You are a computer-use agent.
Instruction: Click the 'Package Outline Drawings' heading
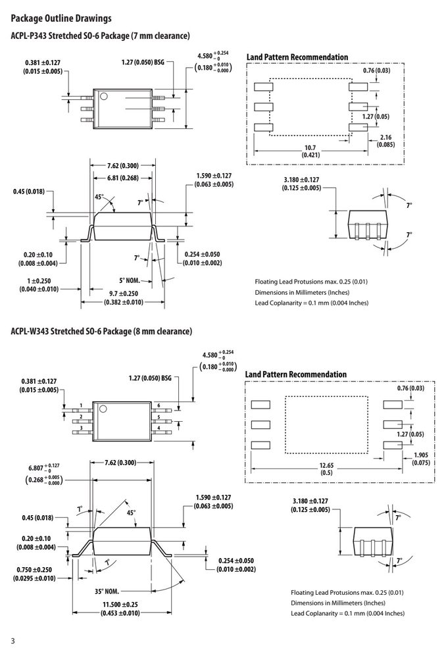(x=61, y=18)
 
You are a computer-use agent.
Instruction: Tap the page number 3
(x=12, y=641)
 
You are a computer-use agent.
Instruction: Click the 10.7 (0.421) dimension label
(x=310, y=151)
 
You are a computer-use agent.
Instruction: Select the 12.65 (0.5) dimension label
(x=326, y=468)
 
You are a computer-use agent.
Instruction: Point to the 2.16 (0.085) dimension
(x=385, y=141)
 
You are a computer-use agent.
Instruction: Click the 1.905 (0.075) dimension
(x=421, y=459)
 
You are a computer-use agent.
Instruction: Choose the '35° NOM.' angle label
(x=107, y=592)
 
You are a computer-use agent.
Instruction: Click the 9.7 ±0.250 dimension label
(x=124, y=297)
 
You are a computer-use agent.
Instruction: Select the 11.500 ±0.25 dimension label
(x=120, y=609)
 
